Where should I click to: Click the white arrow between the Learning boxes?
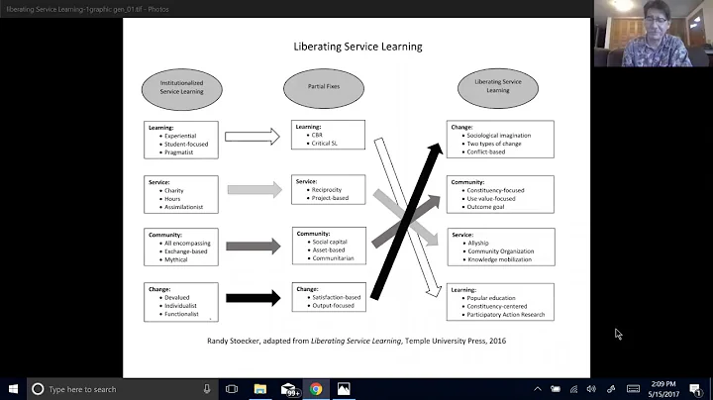(x=252, y=137)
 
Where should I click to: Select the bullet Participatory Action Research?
(x=506, y=314)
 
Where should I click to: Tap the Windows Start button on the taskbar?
(x=12, y=389)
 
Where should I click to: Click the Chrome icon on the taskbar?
(x=316, y=389)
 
